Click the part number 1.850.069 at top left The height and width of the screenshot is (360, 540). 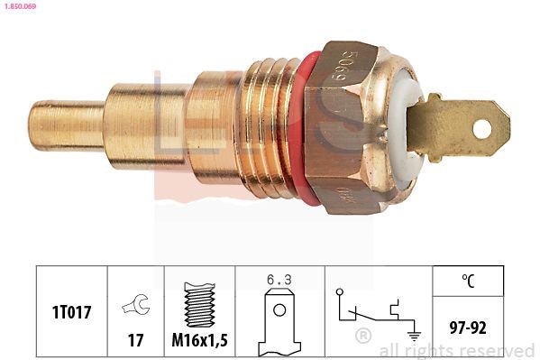pos(19,6)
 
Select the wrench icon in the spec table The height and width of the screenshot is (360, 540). pos(135,305)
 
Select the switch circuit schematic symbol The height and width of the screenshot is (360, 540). pos(369,310)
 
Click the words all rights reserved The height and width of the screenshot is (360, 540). pos(456,350)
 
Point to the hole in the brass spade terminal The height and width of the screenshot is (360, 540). pos(481,129)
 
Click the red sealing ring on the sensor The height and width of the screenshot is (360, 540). pos(307,125)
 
